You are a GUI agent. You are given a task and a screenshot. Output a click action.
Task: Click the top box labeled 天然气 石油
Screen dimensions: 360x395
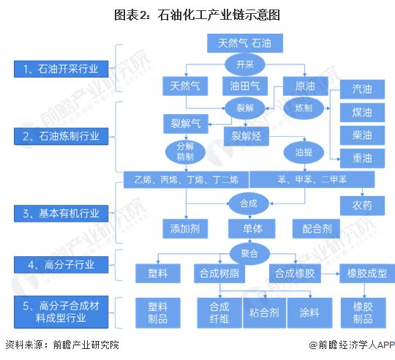click(245, 43)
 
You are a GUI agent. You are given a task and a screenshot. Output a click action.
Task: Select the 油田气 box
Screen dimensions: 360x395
click(245, 86)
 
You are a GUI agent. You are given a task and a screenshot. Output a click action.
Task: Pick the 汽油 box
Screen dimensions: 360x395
click(362, 89)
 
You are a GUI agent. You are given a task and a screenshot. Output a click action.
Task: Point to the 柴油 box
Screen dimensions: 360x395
click(362, 135)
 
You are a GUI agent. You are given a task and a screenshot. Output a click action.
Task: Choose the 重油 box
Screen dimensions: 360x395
click(362, 158)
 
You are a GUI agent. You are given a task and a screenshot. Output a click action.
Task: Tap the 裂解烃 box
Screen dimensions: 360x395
click(252, 135)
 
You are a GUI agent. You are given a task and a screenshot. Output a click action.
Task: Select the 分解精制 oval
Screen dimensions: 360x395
click(185, 152)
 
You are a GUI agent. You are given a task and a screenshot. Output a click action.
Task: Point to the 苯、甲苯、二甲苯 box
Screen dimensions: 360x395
click(312, 179)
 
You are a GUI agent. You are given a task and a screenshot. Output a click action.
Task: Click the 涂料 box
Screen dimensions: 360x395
click(306, 310)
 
